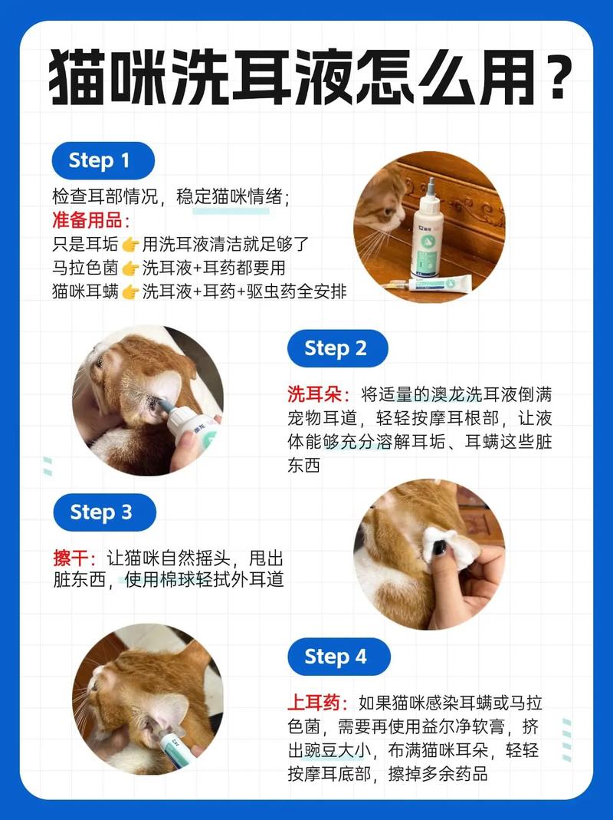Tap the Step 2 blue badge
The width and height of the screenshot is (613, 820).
pos(336,348)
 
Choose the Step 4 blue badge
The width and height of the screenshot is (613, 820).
pos(336,657)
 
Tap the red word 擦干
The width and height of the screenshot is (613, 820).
pos(75,558)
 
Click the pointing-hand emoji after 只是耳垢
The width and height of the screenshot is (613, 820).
pos(130,245)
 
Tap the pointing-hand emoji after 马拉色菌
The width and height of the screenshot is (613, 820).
pos(130,268)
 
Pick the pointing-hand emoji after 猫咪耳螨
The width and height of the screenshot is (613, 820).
pos(130,292)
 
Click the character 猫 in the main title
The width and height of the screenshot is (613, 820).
pos(83,78)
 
